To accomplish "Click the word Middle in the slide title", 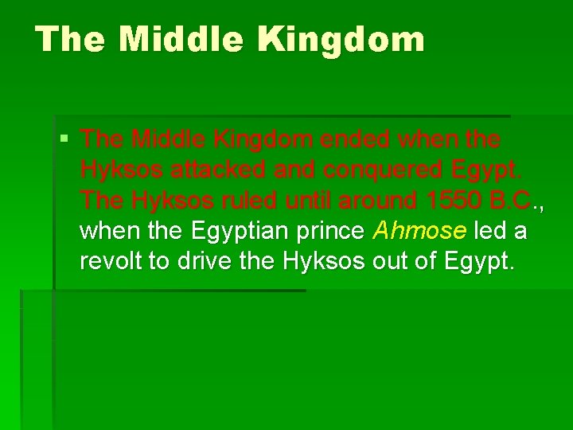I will click(x=168, y=39).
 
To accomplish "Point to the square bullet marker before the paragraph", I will click(x=64, y=140).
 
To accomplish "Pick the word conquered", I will click(x=368, y=170).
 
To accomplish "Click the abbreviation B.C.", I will click(x=509, y=201).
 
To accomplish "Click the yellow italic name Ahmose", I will click(x=419, y=232).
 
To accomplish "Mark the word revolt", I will click(x=108, y=262).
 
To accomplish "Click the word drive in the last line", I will click(x=203, y=262).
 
